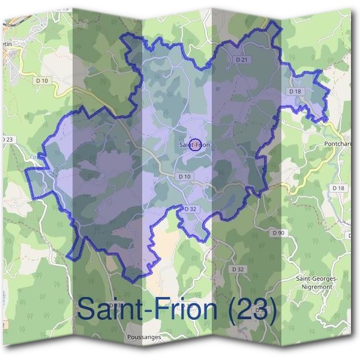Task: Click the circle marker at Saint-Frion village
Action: point(194,144)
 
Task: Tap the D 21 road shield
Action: point(242,60)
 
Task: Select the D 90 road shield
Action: point(277,232)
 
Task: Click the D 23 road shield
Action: point(6,140)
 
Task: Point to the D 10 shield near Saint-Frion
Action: point(184,176)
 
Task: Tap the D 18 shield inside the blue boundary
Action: point(294,91)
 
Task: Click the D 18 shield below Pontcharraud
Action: point(338,188)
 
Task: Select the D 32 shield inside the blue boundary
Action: point(190,209)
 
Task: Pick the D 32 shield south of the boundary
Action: point(238,269)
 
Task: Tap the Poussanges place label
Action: point(144,337)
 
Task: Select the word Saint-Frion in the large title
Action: point(147,309)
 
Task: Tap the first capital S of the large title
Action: point(86,309)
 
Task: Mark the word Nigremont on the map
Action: point(317,287)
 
